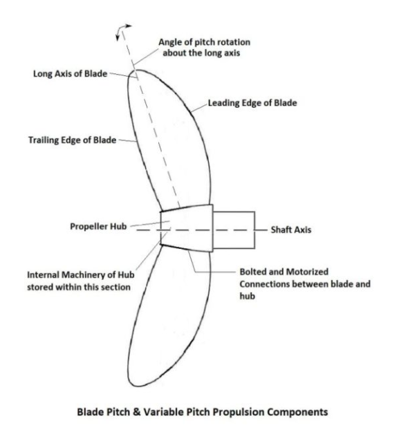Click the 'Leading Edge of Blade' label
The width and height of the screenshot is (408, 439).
point(252,103)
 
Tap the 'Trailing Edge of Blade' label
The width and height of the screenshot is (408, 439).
point(72,140)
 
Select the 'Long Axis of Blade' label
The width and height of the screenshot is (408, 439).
point(71,74)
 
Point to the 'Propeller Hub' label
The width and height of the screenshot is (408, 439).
point(98,226)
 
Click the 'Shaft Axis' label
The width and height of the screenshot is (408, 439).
point(291,230)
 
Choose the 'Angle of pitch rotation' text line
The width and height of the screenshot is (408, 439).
point(204,42)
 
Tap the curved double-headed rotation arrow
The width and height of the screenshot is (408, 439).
point(122,30)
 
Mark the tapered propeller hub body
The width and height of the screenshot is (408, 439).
point(187,228)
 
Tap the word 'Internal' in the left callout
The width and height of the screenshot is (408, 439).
point(43,275)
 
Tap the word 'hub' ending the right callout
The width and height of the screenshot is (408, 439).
point(248,296)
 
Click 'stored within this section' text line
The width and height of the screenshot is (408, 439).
point(79,288)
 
